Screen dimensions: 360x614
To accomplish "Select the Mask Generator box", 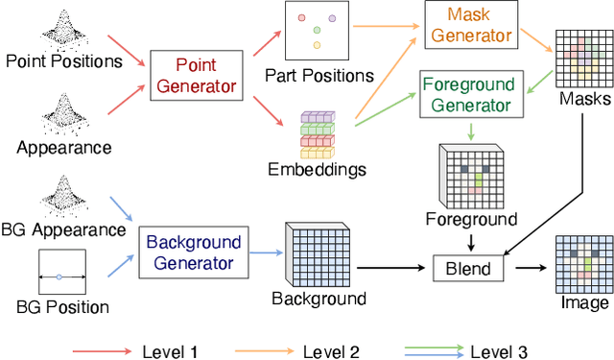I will coord(468,26).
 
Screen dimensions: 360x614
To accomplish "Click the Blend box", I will coord(467,267).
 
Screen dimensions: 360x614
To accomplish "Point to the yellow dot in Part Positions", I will coord(317,45).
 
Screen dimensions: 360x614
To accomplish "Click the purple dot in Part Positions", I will coord(331,18).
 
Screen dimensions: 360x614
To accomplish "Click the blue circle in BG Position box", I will coord(59,276).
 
